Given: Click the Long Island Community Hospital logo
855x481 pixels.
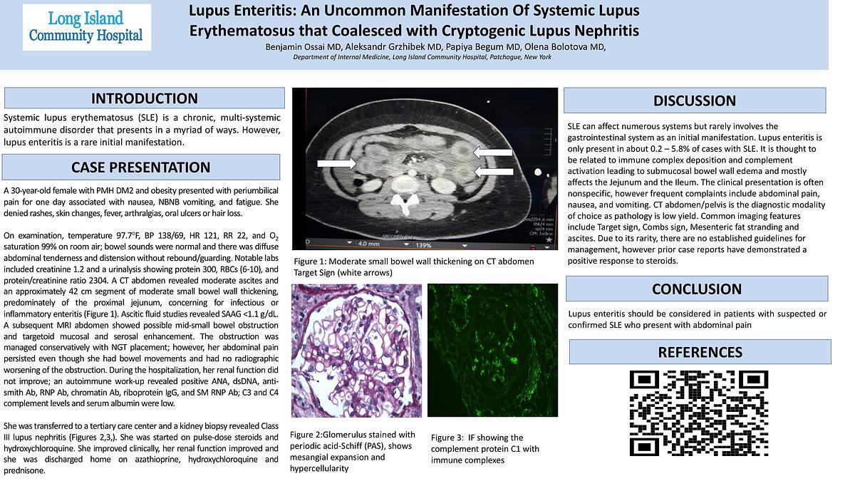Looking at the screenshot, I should [86, 27].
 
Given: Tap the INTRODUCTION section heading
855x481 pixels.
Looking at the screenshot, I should [144, 98].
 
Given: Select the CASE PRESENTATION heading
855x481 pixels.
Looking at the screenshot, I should [140, 167].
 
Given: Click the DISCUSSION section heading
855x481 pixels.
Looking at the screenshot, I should [694, 100].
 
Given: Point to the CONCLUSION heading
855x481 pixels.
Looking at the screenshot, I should [696, 289].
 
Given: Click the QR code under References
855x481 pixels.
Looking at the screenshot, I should [700, 413].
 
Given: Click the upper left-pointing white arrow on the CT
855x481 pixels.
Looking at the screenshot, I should [492, 152].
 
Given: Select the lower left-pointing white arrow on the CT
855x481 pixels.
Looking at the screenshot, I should [492, 171].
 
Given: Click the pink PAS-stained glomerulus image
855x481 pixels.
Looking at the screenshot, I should [356, 350].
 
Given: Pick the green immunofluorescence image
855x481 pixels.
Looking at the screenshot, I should [492, 350].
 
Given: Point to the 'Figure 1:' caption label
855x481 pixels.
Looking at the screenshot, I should [311, 262].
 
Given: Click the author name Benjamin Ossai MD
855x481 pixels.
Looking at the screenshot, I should [304, 47].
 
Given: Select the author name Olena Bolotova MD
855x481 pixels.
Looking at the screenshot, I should [566, 47].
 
